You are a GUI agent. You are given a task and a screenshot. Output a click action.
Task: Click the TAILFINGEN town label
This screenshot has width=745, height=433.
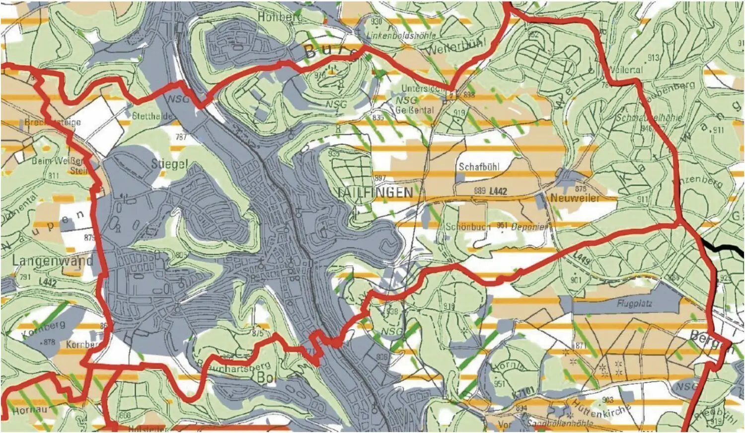374,192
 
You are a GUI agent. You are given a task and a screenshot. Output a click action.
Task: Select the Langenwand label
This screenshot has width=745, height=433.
52,260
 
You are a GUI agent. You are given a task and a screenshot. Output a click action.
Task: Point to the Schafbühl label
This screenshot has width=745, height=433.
479,167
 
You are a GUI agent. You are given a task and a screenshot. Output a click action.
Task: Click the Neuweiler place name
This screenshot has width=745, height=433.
575,198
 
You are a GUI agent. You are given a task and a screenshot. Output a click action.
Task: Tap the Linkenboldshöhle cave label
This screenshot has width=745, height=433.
401,36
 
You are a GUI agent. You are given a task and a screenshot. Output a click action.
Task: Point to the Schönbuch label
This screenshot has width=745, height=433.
468,226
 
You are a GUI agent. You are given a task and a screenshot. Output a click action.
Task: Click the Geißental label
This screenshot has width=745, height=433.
416,110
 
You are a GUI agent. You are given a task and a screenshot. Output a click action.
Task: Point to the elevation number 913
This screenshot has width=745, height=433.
653,58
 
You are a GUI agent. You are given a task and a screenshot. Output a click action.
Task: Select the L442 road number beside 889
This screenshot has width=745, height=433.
498,191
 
